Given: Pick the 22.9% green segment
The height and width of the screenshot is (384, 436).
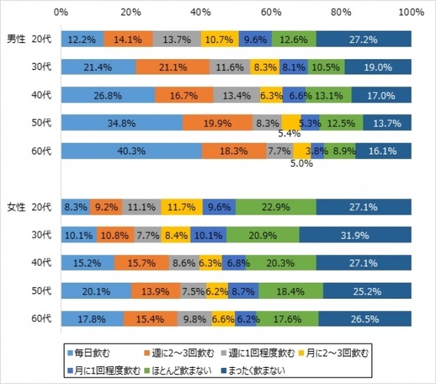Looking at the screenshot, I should (276, 207).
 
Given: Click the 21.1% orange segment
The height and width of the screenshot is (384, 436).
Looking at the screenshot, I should (172, 67).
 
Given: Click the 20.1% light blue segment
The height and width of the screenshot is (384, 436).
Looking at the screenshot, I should (96, 290).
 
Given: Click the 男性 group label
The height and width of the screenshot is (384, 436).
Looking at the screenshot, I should (16, 39).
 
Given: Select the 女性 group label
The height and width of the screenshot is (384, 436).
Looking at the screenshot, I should (16, 207).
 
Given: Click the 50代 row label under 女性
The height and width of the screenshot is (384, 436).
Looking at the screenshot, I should (42, 290).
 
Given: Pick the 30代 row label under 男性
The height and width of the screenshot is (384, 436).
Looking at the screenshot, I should (42, 67).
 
